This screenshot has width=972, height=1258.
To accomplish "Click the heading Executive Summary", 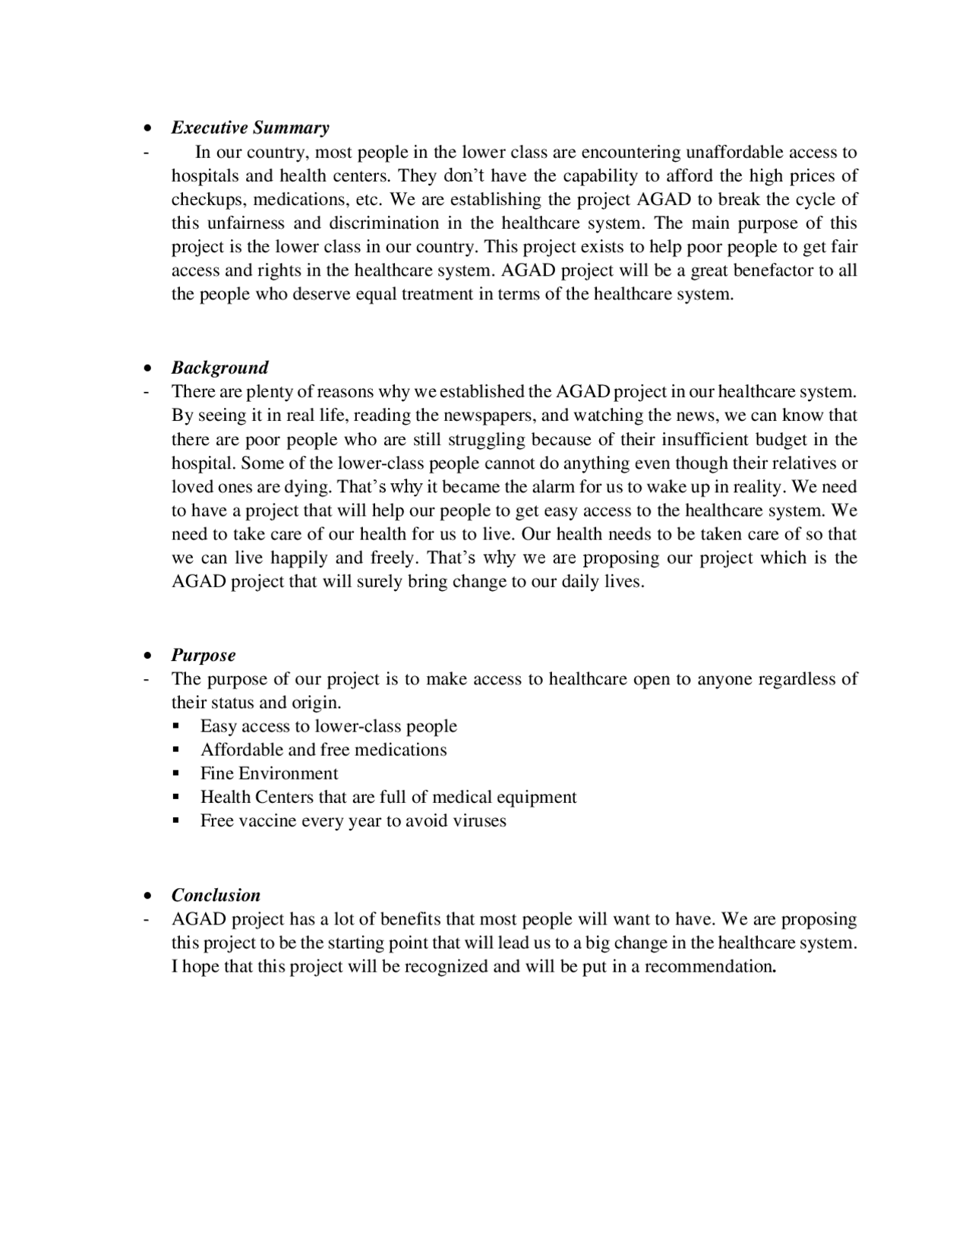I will [x=250, y=128].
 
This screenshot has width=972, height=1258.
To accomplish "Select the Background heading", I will [x=219, y=368].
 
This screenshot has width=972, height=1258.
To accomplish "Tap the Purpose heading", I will [x=203, y=655].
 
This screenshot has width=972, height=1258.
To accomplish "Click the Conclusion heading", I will [x=216, y=895].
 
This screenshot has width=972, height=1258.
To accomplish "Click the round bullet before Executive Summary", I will [x=147, y=128].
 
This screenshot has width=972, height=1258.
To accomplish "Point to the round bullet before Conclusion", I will [x=147, y=896].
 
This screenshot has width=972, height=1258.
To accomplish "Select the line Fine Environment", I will [x=269, y=773].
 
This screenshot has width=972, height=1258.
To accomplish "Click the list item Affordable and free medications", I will [x=323, y=750].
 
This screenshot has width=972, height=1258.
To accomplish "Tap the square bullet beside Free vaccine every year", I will [x=176, y=821].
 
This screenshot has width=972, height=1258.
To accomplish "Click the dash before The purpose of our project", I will [x=145, y=678].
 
